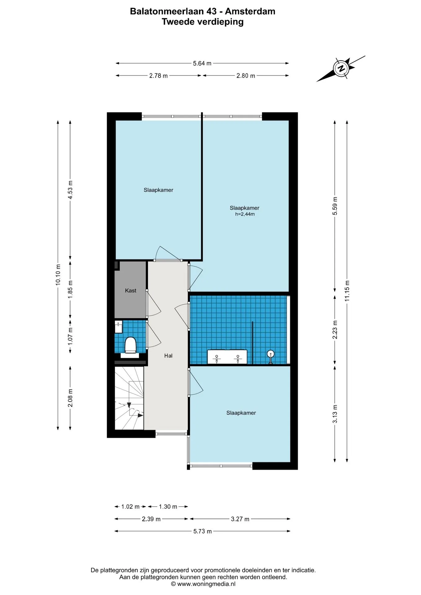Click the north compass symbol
pyautogui.click(x=341, y=68)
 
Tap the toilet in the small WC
pyautogui.click(x=131, y=347)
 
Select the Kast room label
pyautogui.click(x=131, y=291)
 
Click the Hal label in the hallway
pyautogui.click(x=168, y=356)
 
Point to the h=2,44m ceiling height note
pyautogui.click(x=245, y=214)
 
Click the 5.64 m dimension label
pyautogui.click(x=202, y=64)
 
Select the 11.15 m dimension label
pyautogui.click(x=347, y=291)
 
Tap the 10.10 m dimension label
pyautogui.click(x=58, y=275)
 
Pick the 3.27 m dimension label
pyautogui.click(x=240, y=519)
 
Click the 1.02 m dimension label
pyautogui.click(x=131, y=507)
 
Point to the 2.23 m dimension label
pyautogui.click(x=335, y=330)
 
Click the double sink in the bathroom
pyautogui.click(x=227, y=356)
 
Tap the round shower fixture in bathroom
pyautogui.click(x=271, y=356)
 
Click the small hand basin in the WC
pyautogui.click(x=118, y=327)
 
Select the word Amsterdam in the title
pyautogui.click(x=250, y=11)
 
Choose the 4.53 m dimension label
pyautogui.click(x=70, y=190)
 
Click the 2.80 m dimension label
pyautogui.click(x=246, y=76)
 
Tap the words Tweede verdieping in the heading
pyautogui.click(x=203, y=22)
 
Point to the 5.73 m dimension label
pyautogui.click(x=203, y=531)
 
